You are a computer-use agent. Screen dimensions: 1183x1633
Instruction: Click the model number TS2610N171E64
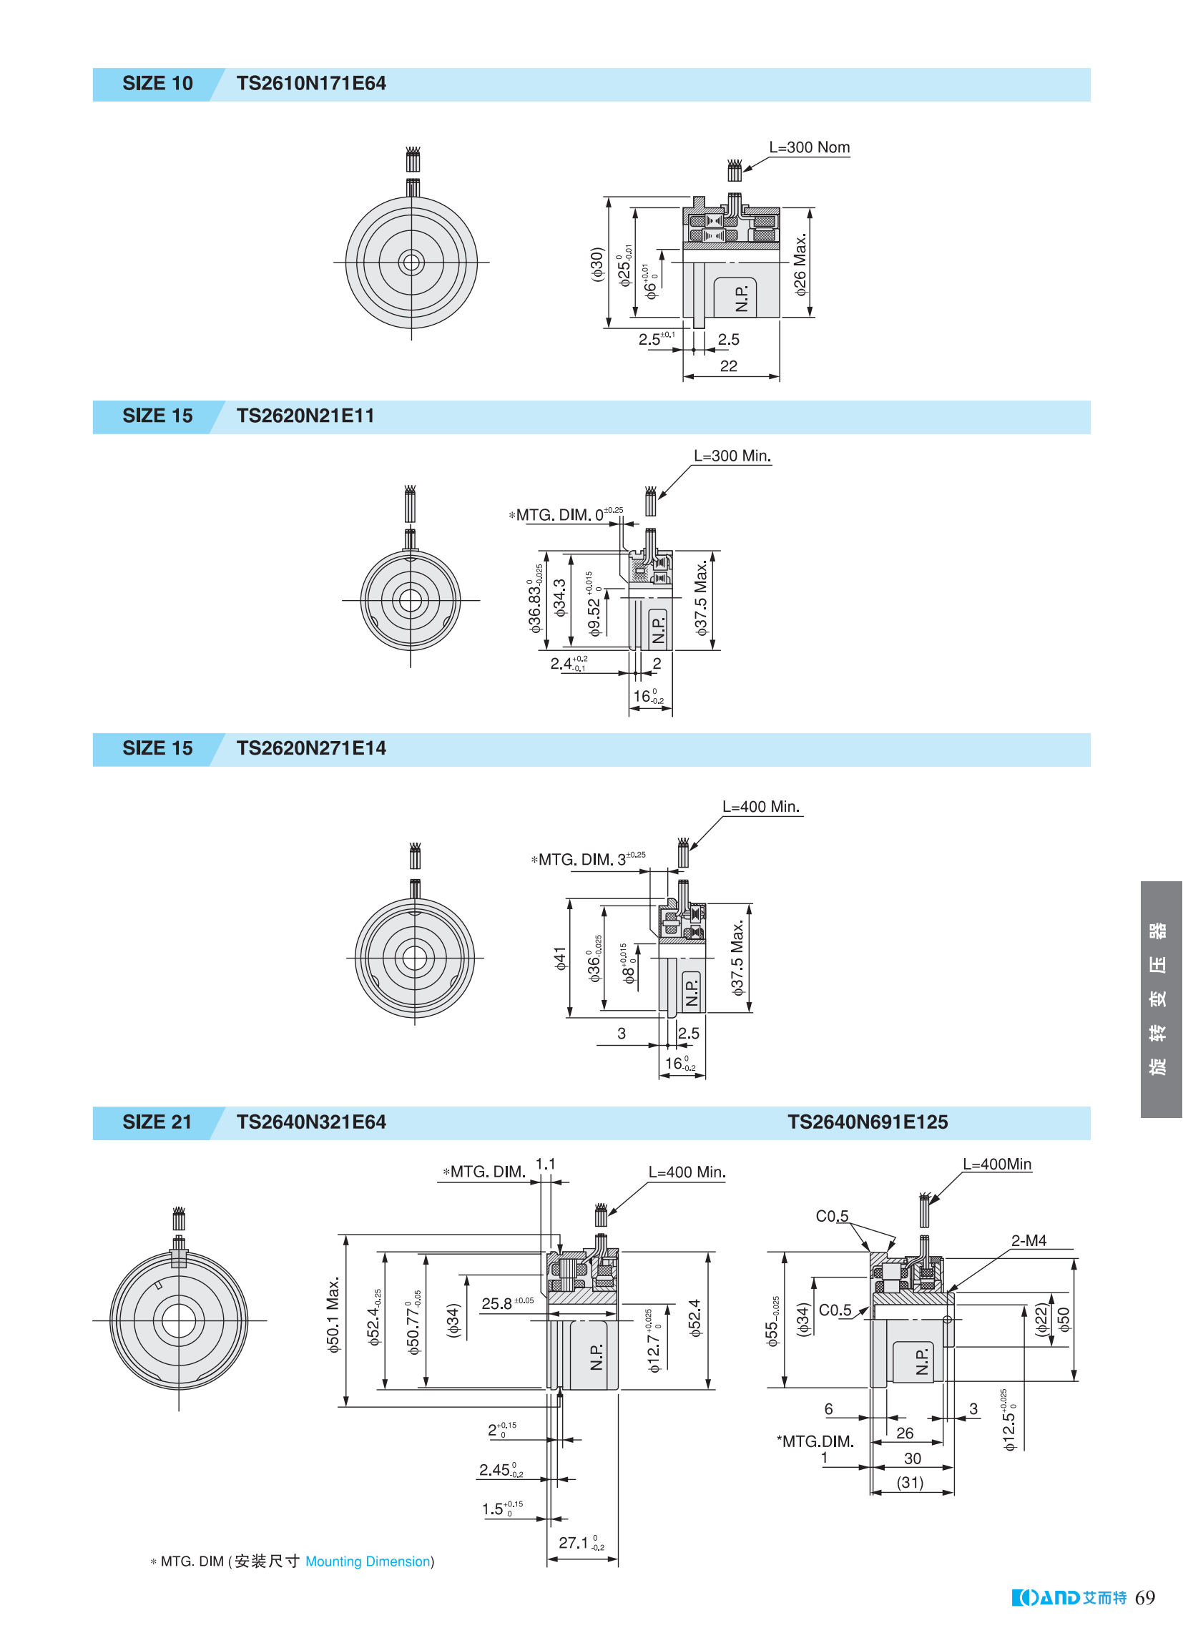click(311, 84)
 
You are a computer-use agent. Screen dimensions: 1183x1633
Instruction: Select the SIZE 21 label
click(157, 1122)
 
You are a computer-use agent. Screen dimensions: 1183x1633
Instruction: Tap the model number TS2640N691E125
click(868, 1122)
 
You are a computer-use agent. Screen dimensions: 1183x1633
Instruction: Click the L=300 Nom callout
click(810, 147)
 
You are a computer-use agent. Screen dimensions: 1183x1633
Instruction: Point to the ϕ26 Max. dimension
click(800, 264)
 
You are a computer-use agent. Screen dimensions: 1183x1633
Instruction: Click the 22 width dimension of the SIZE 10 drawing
click(729, 366)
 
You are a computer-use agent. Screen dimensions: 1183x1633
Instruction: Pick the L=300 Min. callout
click(732, 456)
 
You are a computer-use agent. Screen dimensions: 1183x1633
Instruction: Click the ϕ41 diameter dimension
click(560, 958)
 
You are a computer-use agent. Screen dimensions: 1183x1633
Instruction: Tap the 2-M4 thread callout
click(1029, 1240)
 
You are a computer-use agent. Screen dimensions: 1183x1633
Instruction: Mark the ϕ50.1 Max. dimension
click(333, 1316)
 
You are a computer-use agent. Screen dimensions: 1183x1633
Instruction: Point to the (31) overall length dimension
click(910, 1483)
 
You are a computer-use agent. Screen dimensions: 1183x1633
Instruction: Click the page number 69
click(1145, 1598)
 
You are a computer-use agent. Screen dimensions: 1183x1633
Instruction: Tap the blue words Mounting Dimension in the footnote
click(368, 1561)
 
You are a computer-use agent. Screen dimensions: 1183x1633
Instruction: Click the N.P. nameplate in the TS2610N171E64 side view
click(742, 298)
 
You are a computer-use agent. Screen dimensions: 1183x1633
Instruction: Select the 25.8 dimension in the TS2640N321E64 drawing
click(508, 1303)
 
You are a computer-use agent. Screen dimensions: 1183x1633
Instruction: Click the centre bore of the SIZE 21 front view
click(179, 1320)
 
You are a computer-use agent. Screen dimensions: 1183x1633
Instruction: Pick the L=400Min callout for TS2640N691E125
click(997, 1164)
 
